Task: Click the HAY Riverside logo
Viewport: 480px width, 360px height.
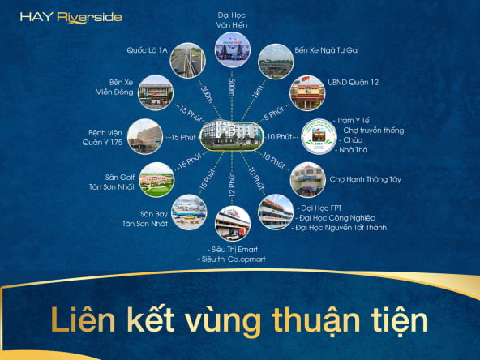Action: click(x=71, y=18)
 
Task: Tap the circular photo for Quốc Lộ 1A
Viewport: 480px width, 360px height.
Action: click(x=187, y=60)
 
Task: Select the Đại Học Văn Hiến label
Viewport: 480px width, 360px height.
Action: click(x=232, y=20)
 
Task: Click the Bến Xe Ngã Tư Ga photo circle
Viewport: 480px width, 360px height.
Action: click(x=276, y=62)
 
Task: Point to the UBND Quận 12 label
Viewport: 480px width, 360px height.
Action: click(x=353, y=83)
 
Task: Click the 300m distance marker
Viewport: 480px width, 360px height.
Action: click(x=207, y=94)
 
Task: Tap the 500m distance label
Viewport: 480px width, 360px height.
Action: click(x=232, y=88)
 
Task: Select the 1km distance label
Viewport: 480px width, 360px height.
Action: click(x=257, y=92)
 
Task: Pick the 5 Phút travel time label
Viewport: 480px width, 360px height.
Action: click(x=274, y=113)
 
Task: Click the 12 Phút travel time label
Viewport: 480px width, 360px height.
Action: click(x=232, y=184)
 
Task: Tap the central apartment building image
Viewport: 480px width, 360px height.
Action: click(x=232, y=135)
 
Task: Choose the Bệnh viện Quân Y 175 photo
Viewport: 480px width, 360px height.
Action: click(x=145, y=136)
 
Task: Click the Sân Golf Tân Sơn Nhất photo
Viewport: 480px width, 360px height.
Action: click(x=156, y=180)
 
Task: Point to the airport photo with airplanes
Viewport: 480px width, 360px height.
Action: click(x=189, y=212)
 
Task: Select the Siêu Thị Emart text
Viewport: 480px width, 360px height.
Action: click(x=233, y=250)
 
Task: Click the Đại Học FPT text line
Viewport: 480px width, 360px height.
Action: click(x=319, y=208)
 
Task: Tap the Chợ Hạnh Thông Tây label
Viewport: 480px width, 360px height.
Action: click(x=365, y=179)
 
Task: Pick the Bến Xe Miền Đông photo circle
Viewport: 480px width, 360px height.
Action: click(x=156, y=92)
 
